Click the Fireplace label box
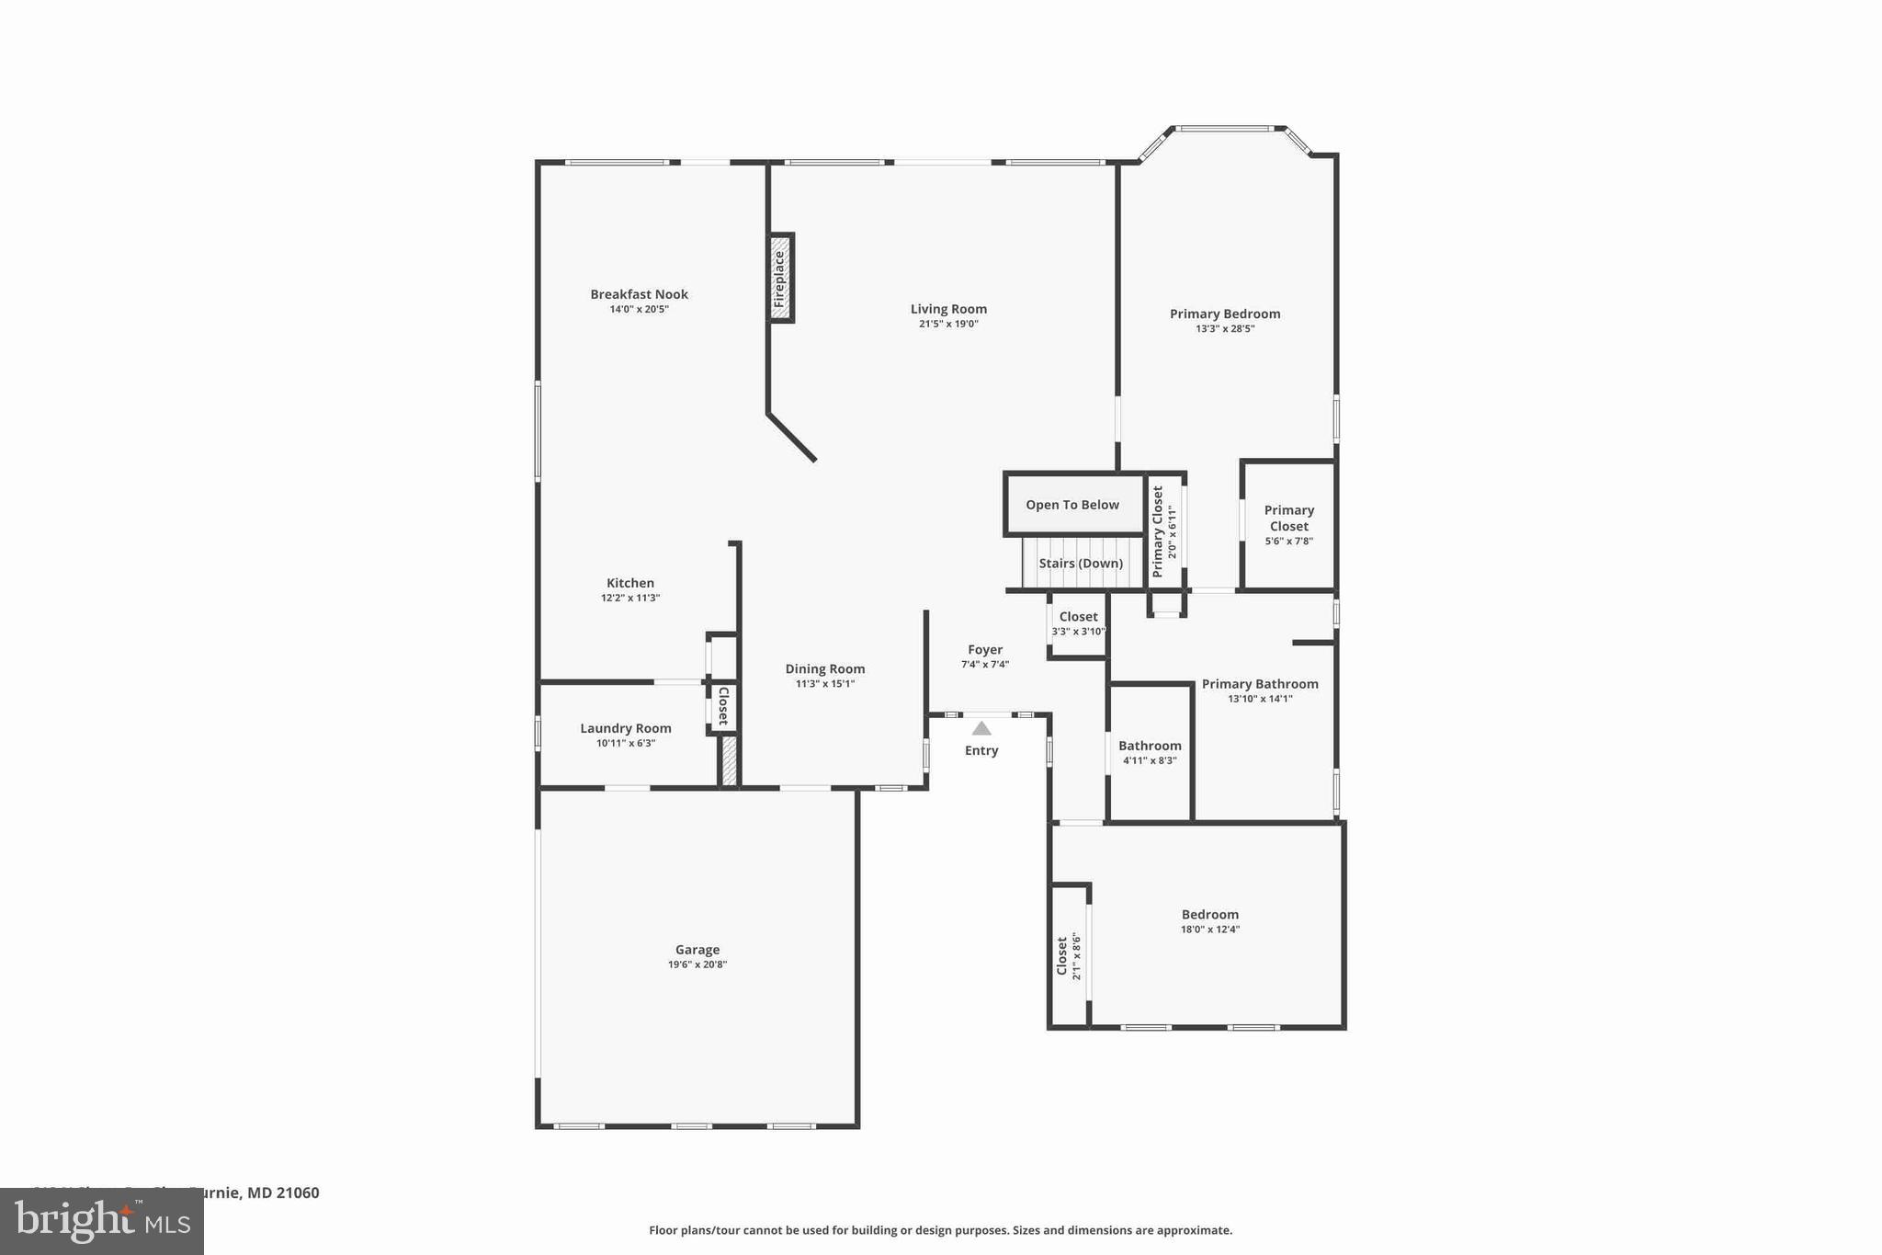pyautogui.click(x=780, y=279)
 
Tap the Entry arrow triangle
pyautogui.click(x=981, y=729)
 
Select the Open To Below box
pyautogui.click(x=1072, y=505)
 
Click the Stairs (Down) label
pyautogui.click(x=1081, y=564)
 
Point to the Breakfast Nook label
pyautogui.click(x=639, y=294)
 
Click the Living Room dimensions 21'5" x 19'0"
pyautogui.click(x=948, y=324)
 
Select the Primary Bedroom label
pyautogui.click(x=1224, y=314)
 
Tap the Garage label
pyautogui.click(x=697, y=950)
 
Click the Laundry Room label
pyautogui.click(x=625, y=728)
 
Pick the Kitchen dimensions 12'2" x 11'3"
pyautogui.click(x=630, y=598)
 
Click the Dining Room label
pyautogui.click(x=824, y=668)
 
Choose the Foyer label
pyautogui.click(x=985, y=649)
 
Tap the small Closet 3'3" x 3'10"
pyautogui.click(x=1078, y=623)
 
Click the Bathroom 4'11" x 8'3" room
pyautogui.click(x=1150, y=752)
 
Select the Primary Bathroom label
pyautogui.click(x=1260, y=684)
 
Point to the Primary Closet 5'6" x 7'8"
pyautogui.click(x=1288, y=525)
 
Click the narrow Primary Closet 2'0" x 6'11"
pyautogui.click(x=1163, y=531)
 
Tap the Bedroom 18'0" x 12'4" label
pyautogui.click(x=1209, y=914)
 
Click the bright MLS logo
pyautogui.click(x=102, y=1222)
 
